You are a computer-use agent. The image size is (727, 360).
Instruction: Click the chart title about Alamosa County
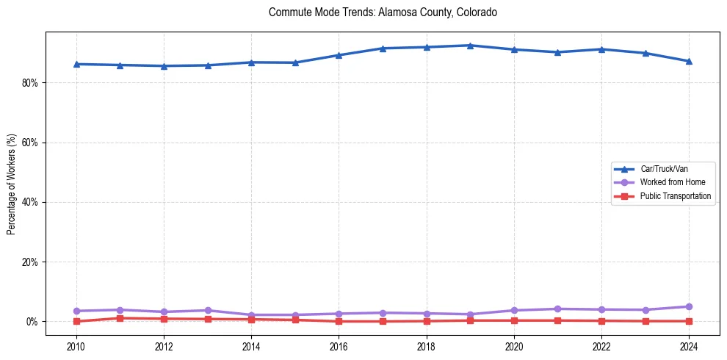pyautogui.click(x=383, y=12)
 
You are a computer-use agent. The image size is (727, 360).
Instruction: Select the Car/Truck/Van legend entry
pyautogui.click(x=664, y=169)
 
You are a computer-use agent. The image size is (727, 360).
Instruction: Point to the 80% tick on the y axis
pyautogui.click(x=29, y=83)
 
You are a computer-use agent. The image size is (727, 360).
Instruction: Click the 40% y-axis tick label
pyautogui.click(x=29, y=202)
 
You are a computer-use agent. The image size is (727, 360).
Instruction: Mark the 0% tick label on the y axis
pyautogui.click(x=32, y=322)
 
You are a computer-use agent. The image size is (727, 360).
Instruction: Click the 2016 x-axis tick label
pyautogui.click(x=339, y=346)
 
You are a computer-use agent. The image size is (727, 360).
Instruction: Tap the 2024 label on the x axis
pyautogui.click(x=689, y=346)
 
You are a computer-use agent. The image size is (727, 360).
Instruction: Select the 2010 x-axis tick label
pyautogui.click(x=76, y=346)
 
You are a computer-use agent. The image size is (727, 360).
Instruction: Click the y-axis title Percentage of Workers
pyautogui.click(x=12, y=184)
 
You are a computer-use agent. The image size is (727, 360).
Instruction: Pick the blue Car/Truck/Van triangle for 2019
pyautogui.click(x=470, y=46)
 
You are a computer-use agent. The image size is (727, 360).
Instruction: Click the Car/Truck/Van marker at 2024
pyautogui.click(x=689, y=61)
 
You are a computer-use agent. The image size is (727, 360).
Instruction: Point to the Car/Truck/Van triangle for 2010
pyautogui.click(x=76, y=64)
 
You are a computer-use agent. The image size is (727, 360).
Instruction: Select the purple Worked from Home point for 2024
pyautogui.click(x=689, y=306)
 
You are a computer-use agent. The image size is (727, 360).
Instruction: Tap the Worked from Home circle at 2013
pyautogui.click(x=208, y=310)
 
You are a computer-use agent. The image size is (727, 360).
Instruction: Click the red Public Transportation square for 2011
pyautogui.click(x=120, y=318)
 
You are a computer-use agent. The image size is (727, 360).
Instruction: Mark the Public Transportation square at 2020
pyautogui.click(x=514, y=320)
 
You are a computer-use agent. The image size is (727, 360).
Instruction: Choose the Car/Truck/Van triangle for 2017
pyautogui.click(x=383, y=48)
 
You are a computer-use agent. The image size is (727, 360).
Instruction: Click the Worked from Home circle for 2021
pyautogui.click(x=557, y=309)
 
